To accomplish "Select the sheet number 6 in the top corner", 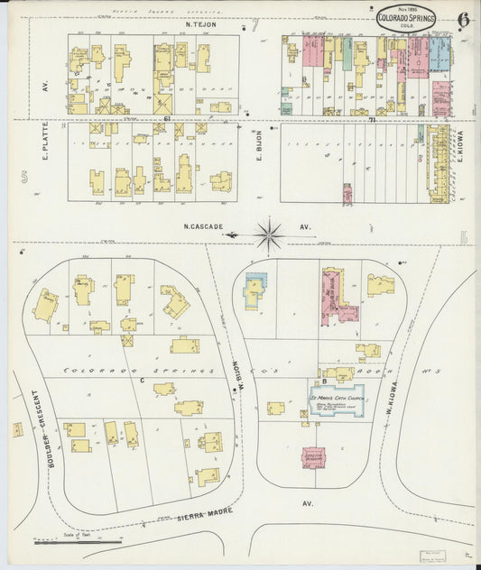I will (x=462, y=18).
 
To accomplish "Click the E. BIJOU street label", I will (x=257, y=147).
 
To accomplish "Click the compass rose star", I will (x=269, y=234).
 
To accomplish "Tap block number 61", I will (x=167, y=119).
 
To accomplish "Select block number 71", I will (x=370, y=119).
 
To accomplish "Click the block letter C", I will (x=143, y=382).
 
